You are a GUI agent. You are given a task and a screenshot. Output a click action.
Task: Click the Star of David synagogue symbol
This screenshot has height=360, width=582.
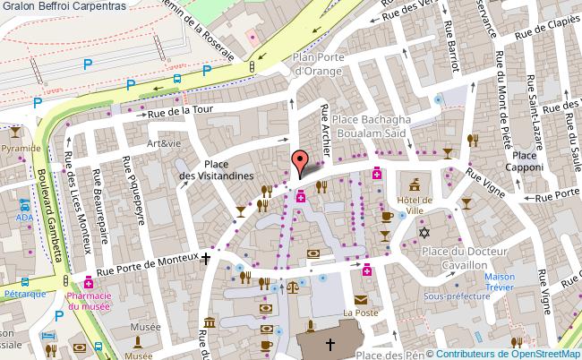tap(425, 233)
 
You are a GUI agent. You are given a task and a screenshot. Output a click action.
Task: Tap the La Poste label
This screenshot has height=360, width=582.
tap(361, 313)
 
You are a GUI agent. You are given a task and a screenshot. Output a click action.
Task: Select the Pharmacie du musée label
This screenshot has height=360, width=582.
tap(89, 301)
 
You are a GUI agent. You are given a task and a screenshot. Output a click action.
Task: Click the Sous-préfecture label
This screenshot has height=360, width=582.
tap(452, 295)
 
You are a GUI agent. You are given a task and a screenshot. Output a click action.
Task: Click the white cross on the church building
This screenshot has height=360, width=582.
tap(329, 344)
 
